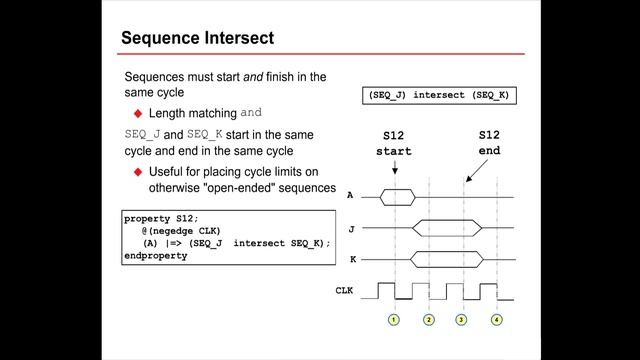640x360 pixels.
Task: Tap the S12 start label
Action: (393, 143)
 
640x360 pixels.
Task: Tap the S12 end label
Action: (489, 143)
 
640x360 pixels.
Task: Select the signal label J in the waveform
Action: (349, 229)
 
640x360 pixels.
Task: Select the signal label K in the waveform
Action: (349, 261)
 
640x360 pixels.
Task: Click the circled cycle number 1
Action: (394, 320)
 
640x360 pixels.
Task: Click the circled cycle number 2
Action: (429, 320)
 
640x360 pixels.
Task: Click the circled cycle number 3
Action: (462, 320)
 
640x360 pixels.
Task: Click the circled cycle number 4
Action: (497, 320)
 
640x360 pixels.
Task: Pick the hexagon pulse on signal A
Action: (397, 197)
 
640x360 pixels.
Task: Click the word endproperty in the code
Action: (155, 255)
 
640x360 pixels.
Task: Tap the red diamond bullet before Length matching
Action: (139, 114)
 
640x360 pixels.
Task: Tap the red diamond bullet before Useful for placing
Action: (139, 171)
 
